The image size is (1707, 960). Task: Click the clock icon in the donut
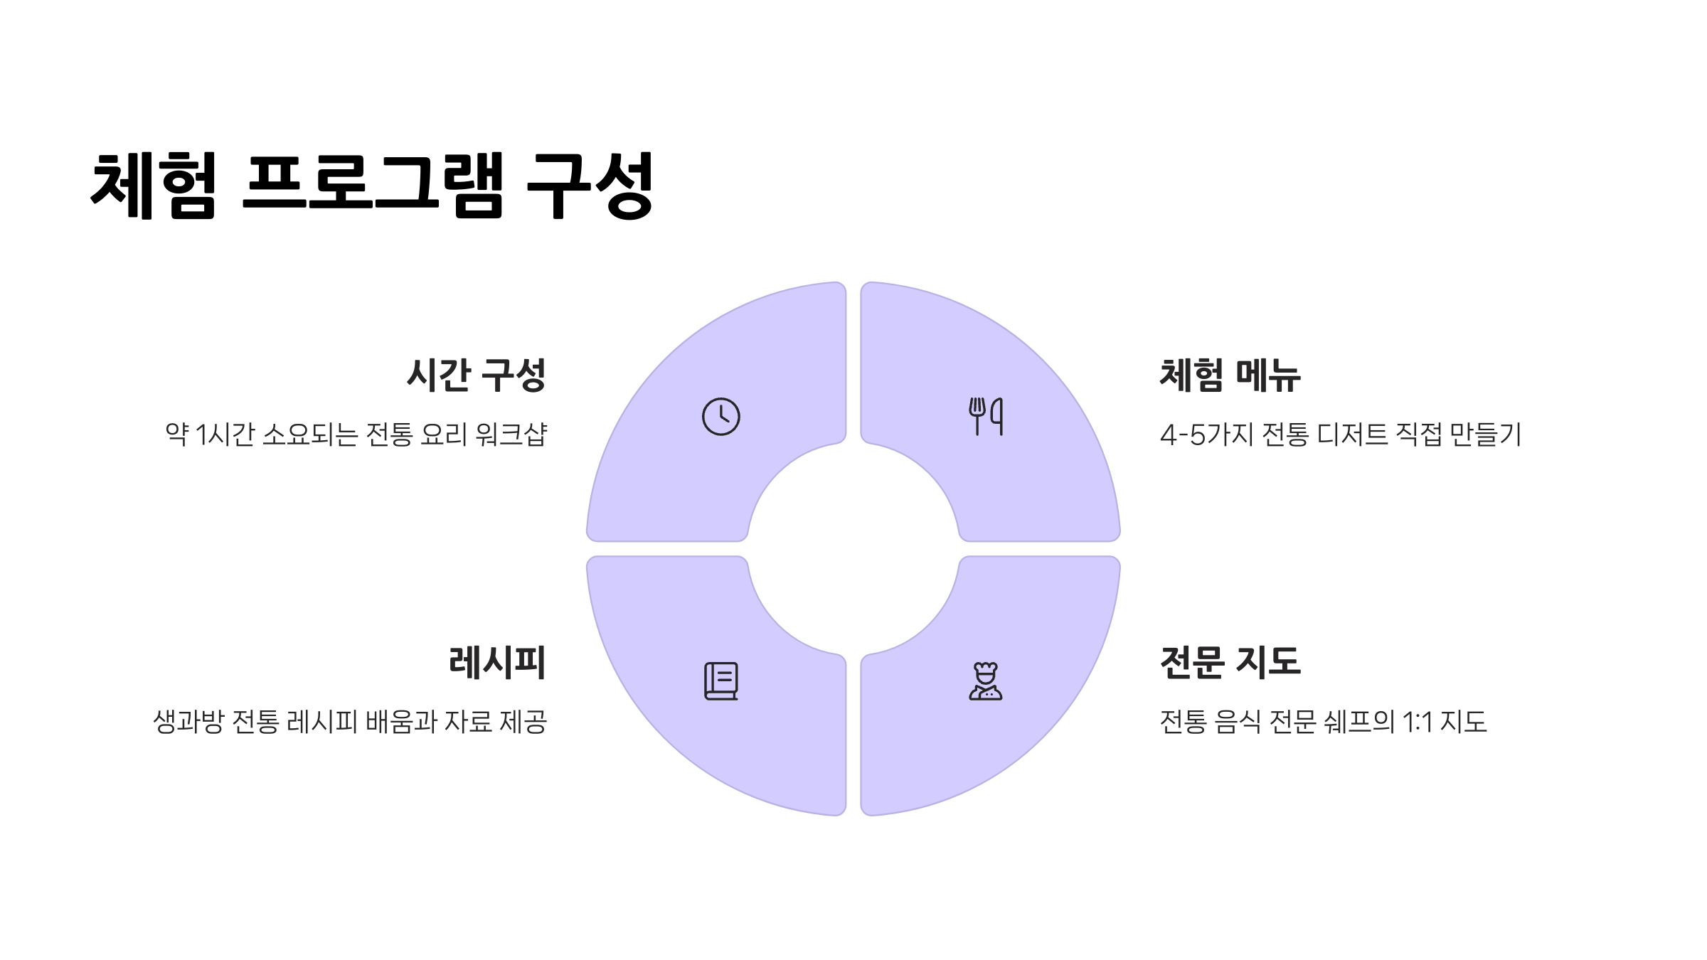(720, 416)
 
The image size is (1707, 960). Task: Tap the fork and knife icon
(986, 416)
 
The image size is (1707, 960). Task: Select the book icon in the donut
(720, 681)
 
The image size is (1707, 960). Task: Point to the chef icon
(986, 681)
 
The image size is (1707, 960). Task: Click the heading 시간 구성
(476, 375)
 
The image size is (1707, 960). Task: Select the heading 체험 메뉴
(1230, 375)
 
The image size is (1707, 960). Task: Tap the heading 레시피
(497, 662)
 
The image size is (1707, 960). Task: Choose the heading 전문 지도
(1230, 662)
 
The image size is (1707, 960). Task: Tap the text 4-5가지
(1206, 434)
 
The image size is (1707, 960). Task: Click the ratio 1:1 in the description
(1418, 722)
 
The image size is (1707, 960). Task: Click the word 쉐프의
(1359, 722)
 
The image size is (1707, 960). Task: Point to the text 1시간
(225, 434)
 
